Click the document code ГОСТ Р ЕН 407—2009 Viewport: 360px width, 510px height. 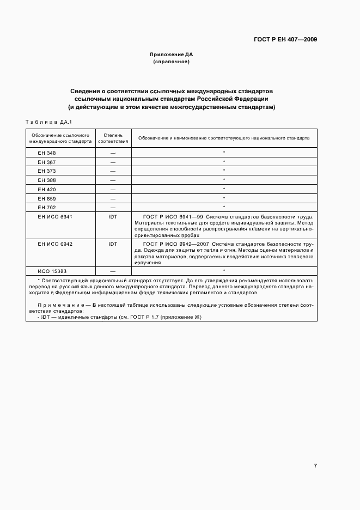click(x=286, y=39)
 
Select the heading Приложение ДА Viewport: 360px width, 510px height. click(x=172, y=54)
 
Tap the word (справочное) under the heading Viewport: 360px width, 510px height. click(x=172, y=62)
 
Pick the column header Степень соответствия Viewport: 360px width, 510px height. click(x=113, y=137)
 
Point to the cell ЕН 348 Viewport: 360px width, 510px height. click(x=47, y=153)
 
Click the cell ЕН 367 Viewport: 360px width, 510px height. click(x=47, y=162)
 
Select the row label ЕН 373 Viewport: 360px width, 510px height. click(x=47, y=171)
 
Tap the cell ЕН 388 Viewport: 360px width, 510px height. click(x=47, y=180)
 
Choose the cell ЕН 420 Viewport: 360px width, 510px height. click(x=47, y=189)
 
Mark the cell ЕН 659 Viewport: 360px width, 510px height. click(x=47, y=198)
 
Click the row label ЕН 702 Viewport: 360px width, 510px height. click(x=47, y=208)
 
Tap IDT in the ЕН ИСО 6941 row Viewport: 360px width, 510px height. click(x=113, y=217)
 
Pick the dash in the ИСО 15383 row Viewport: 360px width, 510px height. click(x=113, y=271)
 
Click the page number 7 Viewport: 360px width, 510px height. click(x=315, y=465)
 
